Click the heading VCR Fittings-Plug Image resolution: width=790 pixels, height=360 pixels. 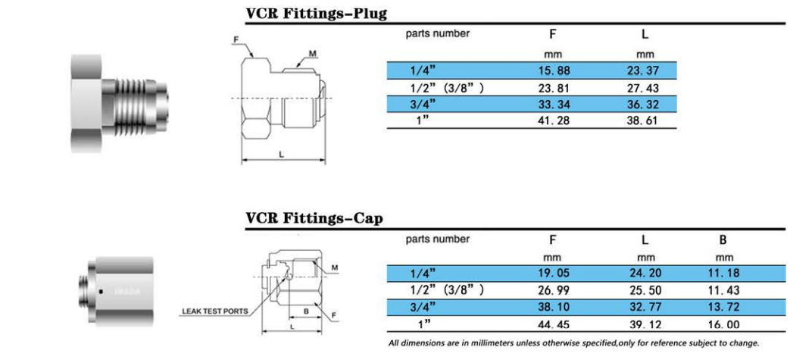point(317,13)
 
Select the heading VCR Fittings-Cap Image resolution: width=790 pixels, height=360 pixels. point(314,218)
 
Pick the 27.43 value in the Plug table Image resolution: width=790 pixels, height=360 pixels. point(642,88)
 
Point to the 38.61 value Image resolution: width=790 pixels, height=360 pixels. point(642,121)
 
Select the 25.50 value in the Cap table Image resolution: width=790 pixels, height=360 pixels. point(645,291)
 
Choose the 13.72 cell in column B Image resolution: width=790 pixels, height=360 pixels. point(723,308)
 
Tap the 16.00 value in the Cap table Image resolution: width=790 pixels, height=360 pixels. point(723,324)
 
